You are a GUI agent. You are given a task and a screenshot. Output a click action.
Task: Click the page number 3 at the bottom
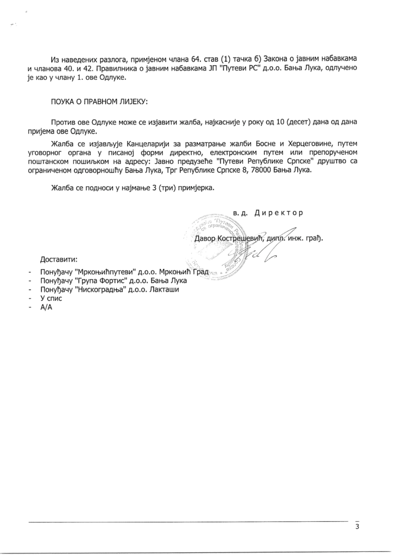[357, 527]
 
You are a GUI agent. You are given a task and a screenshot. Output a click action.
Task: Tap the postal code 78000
[264, 171]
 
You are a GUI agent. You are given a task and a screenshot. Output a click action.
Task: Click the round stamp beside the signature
[217, 242]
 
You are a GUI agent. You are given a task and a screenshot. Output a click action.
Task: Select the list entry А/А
[46, 308]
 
